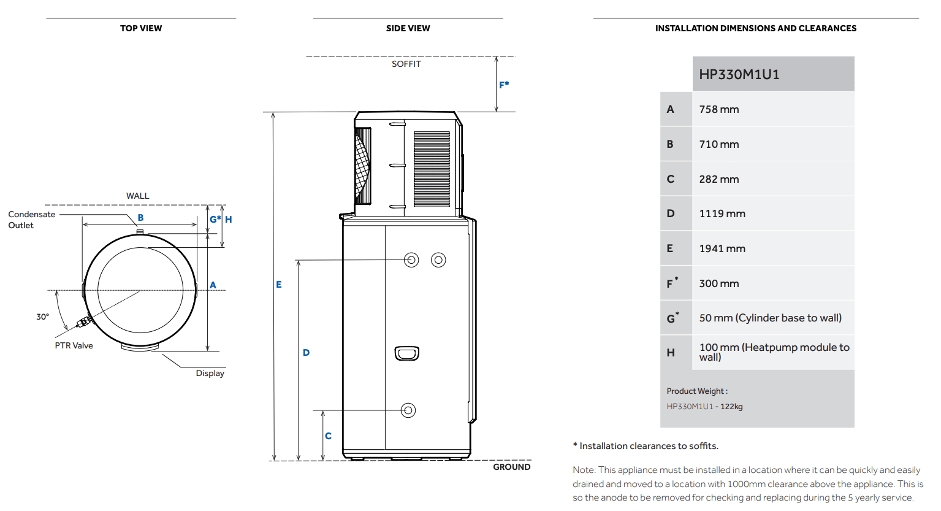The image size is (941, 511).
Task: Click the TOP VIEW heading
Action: click(x=141, y=28)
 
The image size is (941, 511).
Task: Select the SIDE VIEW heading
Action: click(x=408, y=28)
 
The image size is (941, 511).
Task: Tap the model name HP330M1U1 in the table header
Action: click(x=739, y=74)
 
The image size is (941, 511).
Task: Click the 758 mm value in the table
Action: click(x=718, y=109)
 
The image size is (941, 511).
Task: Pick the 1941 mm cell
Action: click(x=722, y=248)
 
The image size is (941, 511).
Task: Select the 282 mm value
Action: click(x=718, y=179)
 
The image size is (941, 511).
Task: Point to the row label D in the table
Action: click(x=670, y=213)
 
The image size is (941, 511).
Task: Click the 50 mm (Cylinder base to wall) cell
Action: click(x=770, y=318)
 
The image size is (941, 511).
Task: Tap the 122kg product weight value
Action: click(x=731, y=407)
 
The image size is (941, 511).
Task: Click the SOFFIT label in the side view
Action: click(x=406, y=64)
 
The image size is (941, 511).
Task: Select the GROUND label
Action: click(x=511, y=467)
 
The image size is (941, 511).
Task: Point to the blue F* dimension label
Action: click(x=504, y=85)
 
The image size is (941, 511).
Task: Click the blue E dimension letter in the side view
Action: click(x=279, y=285)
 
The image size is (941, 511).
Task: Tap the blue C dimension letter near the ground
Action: click(x=328, y=436)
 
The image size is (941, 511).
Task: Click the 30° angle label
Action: click(x=42, y=317)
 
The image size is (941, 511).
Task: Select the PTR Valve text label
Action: click(x=74, y=345)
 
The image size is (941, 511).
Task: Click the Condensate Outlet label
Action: click(x=31, y=220)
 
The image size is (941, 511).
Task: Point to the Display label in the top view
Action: click(x=210, y=373)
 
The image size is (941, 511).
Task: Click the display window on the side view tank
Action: click(x=407, y=353)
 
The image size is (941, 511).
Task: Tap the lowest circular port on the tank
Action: click(x=408, y=410)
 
